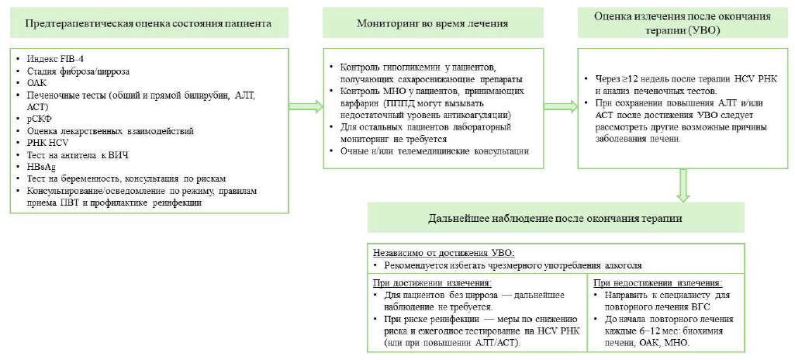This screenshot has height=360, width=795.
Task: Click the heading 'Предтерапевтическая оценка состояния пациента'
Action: [148, 23]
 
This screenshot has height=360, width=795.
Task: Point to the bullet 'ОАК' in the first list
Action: [38, 83]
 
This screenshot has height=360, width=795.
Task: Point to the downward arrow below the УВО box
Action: [683, 186]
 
